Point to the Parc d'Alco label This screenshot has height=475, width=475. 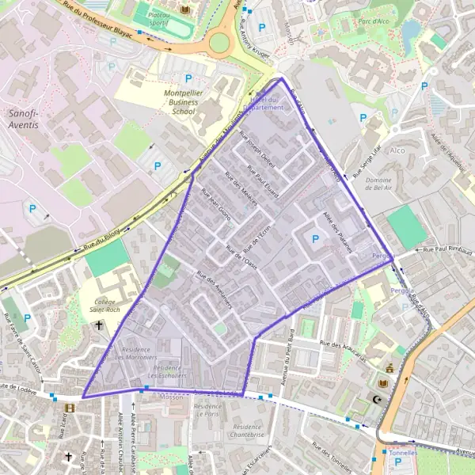pos(372,22)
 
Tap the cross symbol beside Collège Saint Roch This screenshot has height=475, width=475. pos(99,325)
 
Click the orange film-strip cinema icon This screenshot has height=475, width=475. pos(70,408)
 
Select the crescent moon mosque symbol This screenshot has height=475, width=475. pos(377,400)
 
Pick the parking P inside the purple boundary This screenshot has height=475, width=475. pos(316,238)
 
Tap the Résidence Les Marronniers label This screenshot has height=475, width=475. pos(142,353)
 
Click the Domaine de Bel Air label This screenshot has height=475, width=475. pos(363,186)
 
